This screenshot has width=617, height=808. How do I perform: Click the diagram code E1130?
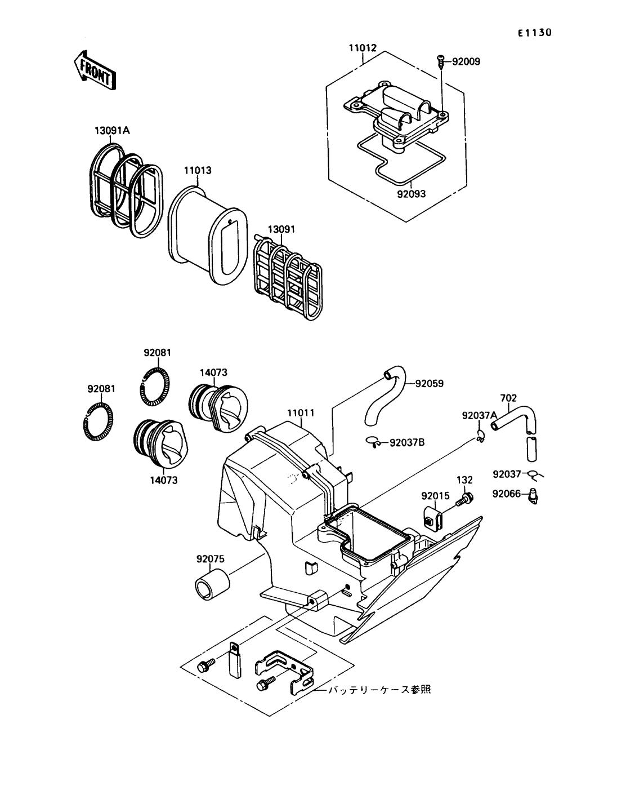click(534, 33)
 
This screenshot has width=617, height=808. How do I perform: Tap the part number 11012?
click(362, 49)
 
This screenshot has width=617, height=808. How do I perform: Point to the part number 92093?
click(410, 194)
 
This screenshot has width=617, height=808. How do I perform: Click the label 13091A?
click(112, 131)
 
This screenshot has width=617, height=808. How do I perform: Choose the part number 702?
click(508, 398)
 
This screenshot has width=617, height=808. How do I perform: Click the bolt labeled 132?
click(466, 498)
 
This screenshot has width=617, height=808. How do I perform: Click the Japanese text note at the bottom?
click(379, 689)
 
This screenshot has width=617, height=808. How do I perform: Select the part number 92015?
click(435, 496)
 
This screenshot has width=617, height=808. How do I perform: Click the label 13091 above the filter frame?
click(281, 230)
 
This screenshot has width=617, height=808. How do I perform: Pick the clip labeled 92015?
click(431, 517)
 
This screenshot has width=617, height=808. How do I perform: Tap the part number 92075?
click(211, 559)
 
